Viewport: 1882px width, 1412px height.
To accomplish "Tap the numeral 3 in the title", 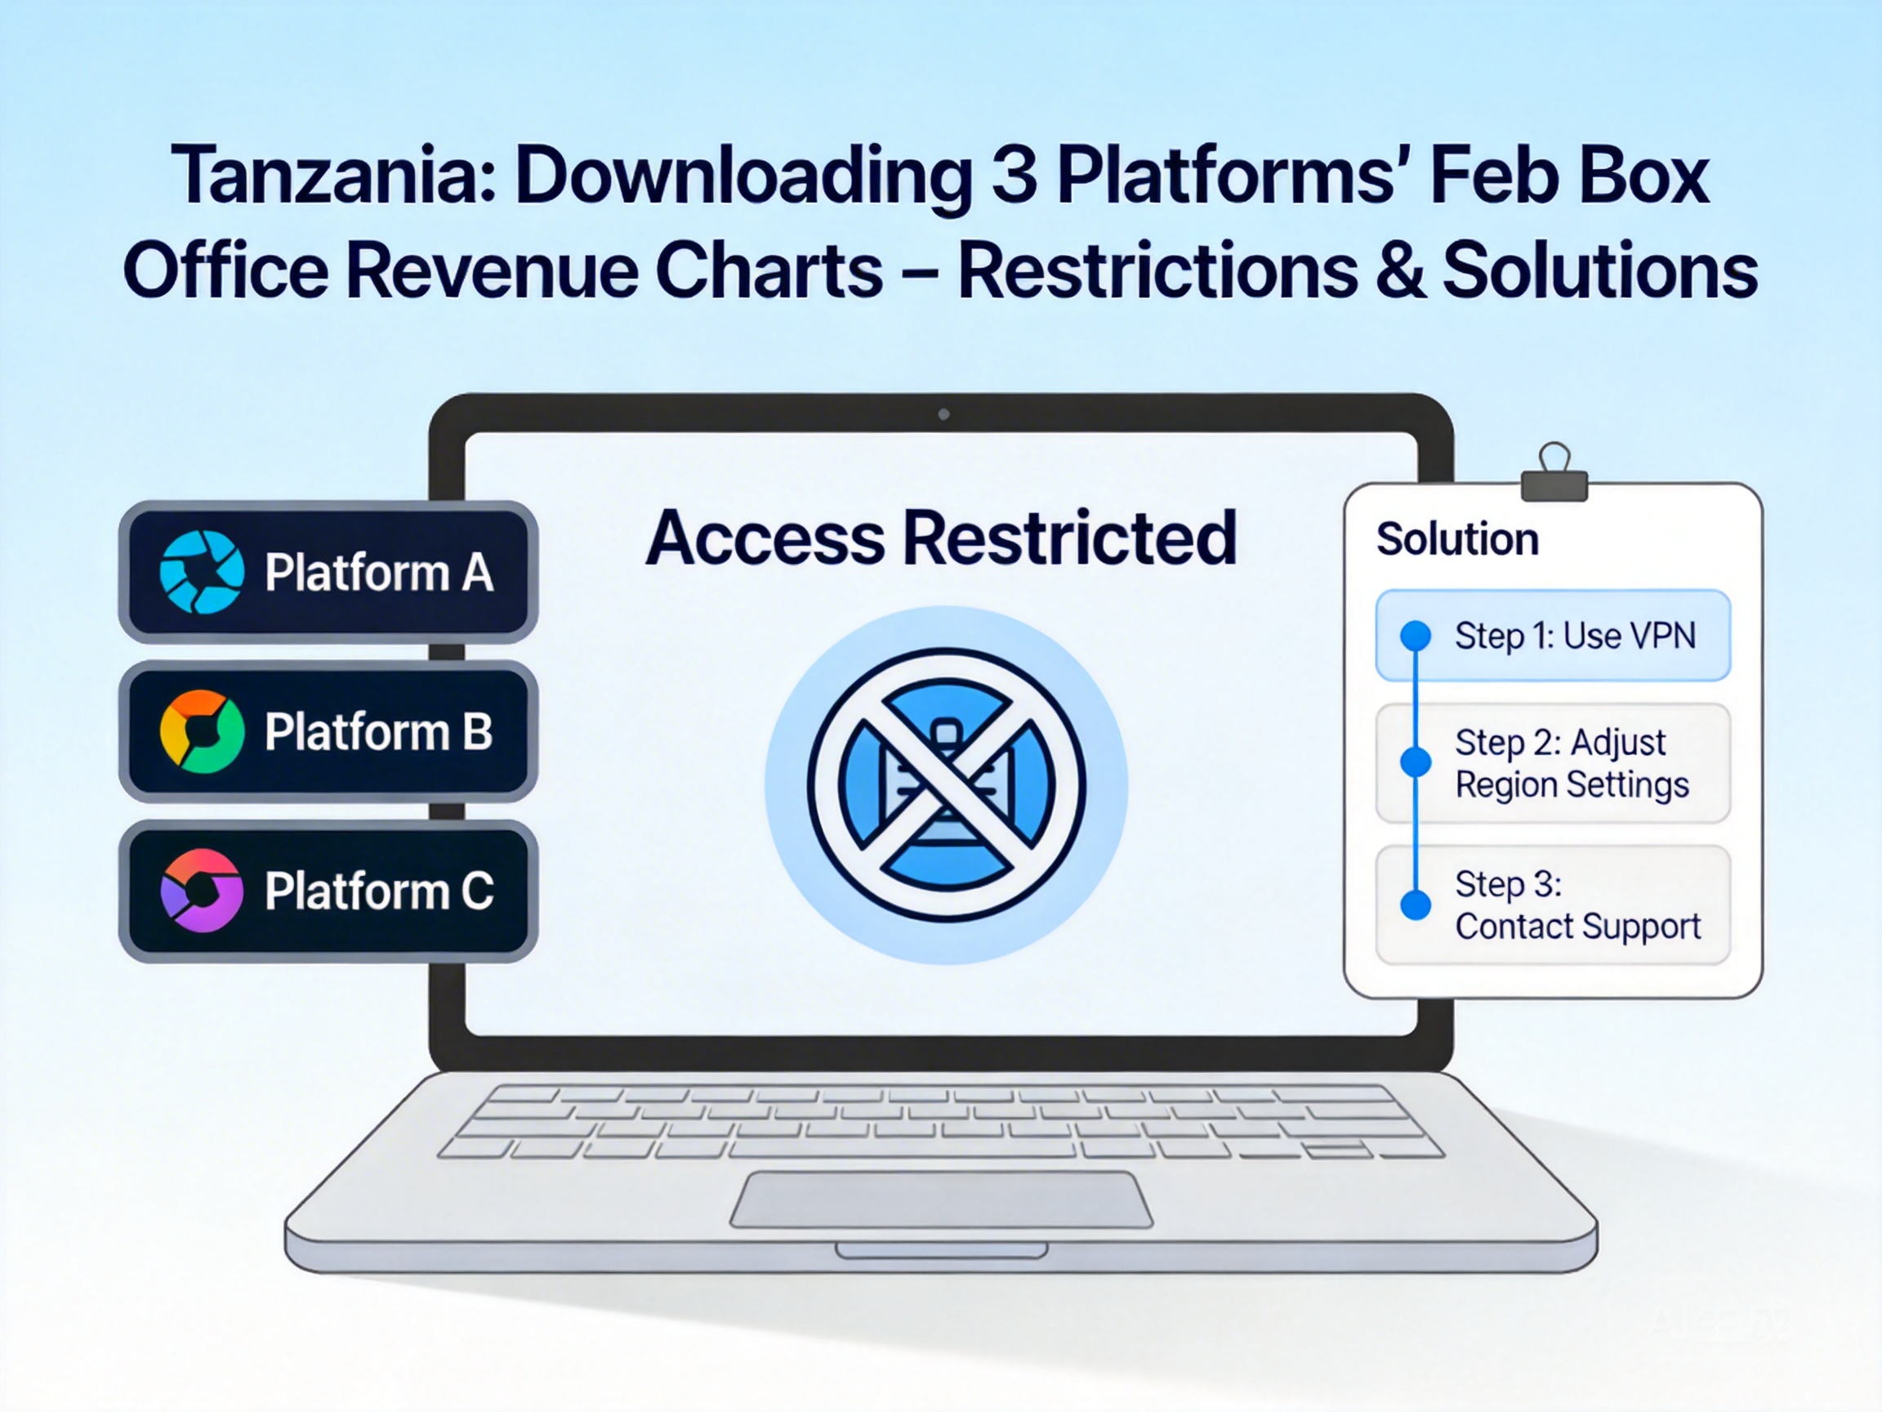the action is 1015,176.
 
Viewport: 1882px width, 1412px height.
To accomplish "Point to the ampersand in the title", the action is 1398,270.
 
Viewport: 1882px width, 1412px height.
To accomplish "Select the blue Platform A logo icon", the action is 202,572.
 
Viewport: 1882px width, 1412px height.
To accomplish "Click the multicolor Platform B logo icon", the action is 202,731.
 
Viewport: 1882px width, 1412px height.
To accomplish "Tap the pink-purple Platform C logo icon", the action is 202,891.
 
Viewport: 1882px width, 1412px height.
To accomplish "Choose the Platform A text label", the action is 379,572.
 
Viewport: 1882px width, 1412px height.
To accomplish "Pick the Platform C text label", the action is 379,891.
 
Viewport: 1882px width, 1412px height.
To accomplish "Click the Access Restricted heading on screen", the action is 940,538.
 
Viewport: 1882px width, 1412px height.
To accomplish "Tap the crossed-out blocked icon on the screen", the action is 946,784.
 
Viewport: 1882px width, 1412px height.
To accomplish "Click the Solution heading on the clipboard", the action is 1457,538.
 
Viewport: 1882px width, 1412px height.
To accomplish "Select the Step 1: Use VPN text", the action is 1575,636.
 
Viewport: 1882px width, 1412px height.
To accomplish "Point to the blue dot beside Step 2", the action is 1416,761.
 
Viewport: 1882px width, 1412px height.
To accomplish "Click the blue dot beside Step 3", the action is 1416,904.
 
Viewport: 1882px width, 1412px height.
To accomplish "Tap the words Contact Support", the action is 1577,926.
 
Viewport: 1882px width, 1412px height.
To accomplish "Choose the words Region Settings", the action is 1572,784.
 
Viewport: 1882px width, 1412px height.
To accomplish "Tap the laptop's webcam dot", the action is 943,414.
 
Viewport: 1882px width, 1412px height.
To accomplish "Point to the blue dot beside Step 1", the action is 1416,635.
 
